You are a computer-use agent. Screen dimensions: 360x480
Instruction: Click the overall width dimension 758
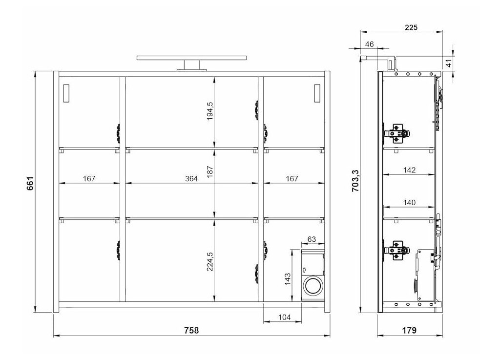tap(191, 331)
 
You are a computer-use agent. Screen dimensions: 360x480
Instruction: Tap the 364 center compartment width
tap(191, 179)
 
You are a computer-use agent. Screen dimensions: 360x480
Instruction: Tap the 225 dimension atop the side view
tap(410, 28)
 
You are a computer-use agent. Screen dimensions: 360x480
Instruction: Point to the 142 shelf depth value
tap(409, 170)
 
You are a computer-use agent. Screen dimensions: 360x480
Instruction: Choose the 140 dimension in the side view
tap(409, 202)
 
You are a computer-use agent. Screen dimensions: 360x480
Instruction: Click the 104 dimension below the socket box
tap(284, 318)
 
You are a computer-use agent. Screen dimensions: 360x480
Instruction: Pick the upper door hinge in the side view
tap(397, 131)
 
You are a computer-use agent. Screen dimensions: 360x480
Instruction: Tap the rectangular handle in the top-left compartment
tap(66, 93)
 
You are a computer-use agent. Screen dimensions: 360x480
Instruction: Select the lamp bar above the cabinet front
tap(191, 58)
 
